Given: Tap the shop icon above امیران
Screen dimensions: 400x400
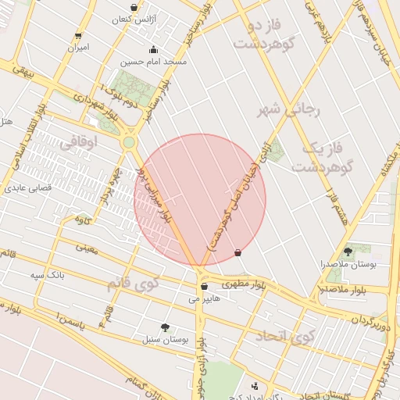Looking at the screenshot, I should (x=77, y=36).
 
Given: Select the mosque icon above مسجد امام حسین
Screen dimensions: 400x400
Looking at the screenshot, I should (x=152, y=48).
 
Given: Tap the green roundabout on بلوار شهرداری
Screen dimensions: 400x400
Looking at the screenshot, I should (x=129, y=143).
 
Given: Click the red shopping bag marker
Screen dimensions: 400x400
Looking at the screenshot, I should (x=237, y=252).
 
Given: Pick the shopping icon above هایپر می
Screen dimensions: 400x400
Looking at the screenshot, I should (x=204, y=286).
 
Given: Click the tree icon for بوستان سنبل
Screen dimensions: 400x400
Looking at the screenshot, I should (x=164, y=327).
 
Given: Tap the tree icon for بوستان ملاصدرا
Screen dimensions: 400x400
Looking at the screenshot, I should (x=347, y=252).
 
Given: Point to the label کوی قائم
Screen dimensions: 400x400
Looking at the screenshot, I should (x=132, y=283).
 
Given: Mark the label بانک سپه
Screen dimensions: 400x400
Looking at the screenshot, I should (x=47, y=275).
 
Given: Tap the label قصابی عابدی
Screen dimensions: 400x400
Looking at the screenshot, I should (x=28, y=188).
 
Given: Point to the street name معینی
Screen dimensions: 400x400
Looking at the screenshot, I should (x=87, y=248).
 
